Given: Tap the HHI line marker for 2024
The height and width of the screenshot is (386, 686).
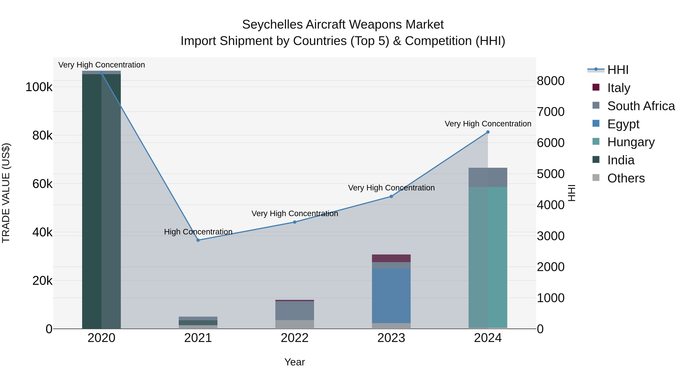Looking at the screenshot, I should click(488, 132).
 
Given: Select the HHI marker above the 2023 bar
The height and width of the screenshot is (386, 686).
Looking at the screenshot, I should click(391, 197).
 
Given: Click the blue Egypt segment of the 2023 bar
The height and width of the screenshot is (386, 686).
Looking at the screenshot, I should click(391, 296).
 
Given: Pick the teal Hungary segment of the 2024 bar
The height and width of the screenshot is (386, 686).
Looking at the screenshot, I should click(488, 257).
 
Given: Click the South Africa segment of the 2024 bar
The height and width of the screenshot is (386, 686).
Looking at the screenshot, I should click(488, 177).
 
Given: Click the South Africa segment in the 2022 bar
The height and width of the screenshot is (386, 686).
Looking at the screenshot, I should click(295, 310).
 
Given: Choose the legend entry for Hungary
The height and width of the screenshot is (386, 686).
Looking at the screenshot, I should click(631, 142).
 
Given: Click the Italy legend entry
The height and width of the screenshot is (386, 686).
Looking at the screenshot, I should click(618, 88).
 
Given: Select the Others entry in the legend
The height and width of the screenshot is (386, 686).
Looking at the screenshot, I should click(626, 178).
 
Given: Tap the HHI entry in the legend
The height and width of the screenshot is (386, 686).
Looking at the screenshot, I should click(618, 70).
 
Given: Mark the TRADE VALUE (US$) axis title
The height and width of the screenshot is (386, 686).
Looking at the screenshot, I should click(6, 193).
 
